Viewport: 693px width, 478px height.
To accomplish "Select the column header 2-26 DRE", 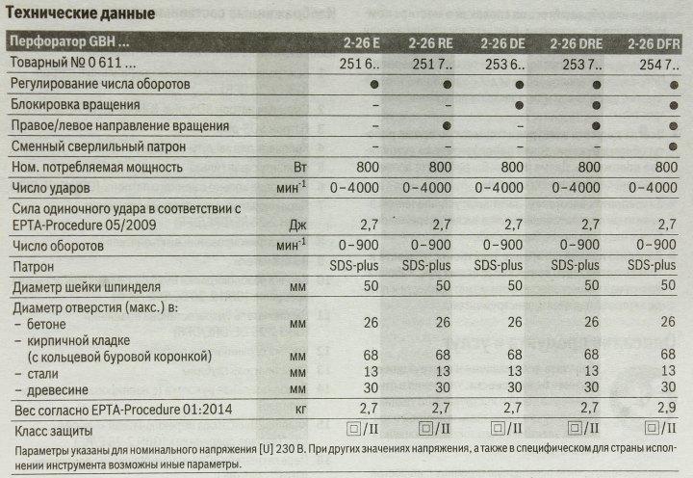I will point(578,43).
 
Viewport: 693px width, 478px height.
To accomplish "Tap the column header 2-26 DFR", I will point(654,43).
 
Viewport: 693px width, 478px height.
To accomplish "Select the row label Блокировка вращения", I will point(81,105).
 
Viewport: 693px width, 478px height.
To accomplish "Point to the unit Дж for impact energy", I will point(299,225).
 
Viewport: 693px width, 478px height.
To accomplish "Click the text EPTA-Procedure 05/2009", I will point(88,225).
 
